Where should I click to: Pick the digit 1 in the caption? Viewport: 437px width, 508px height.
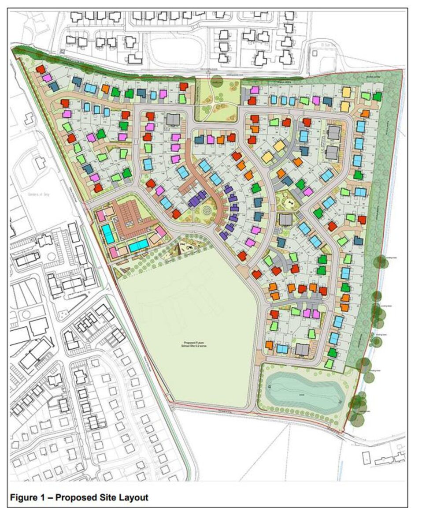[x=46, y=497]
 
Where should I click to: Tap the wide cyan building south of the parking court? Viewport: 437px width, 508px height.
[x=138, y=245]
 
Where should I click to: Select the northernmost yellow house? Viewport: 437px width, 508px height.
[x=347, y=92]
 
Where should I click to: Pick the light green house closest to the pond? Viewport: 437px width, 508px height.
[x=329, y=364]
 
